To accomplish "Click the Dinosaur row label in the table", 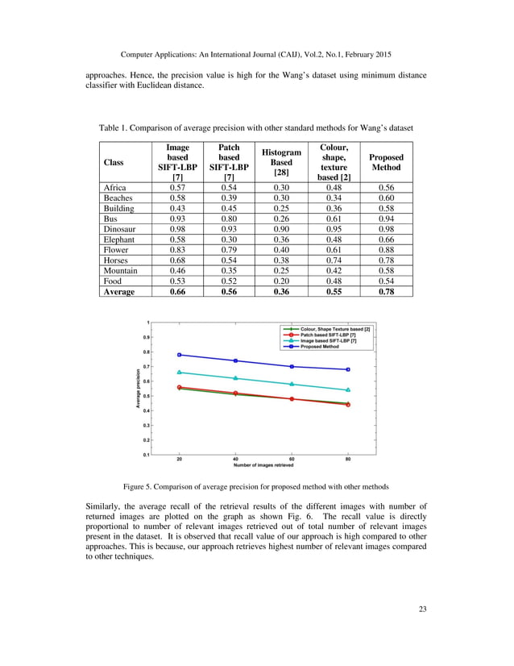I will (119, 228).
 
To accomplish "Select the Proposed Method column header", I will (385, 163).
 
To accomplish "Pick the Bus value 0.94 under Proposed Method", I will (385, 218).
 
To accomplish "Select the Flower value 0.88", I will (385, 250).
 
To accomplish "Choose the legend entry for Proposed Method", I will (321, 348).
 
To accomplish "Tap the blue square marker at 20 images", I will (179, 355).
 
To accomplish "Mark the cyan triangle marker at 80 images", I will (348, 390).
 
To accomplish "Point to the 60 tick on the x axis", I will (291, 460).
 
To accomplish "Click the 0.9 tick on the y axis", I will (145, 337).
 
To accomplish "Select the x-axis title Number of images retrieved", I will (263, 466).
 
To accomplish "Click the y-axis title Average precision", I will (138, 387).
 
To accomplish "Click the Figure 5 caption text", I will (256, 487).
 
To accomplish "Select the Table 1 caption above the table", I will (255, 128).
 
